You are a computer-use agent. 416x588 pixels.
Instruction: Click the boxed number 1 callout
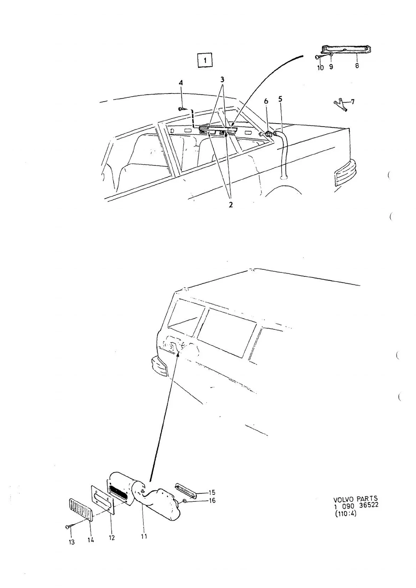tap(205, 61)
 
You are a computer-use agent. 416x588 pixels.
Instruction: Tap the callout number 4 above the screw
tap(181, 83)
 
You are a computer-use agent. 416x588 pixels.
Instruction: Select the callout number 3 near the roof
tap(222, 79)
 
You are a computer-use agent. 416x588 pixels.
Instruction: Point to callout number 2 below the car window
tap(230, 204)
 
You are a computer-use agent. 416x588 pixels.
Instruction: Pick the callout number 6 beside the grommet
tap(266, 101)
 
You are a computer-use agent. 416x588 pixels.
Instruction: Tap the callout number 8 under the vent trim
tap(357, 66)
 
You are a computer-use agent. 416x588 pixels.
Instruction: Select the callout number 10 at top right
tap(320, 67)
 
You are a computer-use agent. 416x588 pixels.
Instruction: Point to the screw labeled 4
tap(182, 109)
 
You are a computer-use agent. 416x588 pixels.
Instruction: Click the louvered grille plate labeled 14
tap(81, 510)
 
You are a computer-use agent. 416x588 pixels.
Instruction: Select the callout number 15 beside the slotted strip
tap(212, 492)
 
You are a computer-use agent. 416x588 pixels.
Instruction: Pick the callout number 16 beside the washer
tap(212, 500)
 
